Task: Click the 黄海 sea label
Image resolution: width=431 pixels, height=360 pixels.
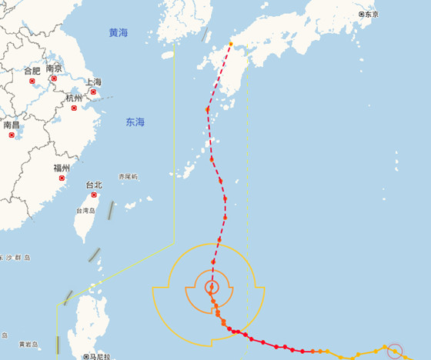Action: coord(119,33)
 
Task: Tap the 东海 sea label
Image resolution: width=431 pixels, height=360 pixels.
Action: coord(135,122)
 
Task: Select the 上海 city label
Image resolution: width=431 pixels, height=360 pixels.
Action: coord(93,82)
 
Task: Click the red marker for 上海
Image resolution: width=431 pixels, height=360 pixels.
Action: coord(93,92)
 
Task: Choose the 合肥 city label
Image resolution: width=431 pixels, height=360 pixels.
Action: coord(32,71)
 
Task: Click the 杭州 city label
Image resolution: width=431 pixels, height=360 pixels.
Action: coord(74,98)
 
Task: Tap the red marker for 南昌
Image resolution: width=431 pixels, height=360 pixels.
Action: coord(12,135)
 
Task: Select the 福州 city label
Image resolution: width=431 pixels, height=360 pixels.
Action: coord(62,168)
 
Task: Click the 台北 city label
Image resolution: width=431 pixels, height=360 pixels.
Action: coord(93,185)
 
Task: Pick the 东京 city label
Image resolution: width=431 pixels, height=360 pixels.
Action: coord(369,15)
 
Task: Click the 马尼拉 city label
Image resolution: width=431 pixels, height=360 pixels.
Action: coord(97,356)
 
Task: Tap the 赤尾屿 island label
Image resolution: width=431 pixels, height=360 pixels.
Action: coord(128,177)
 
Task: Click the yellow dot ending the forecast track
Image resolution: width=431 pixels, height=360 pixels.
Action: coord(230,44)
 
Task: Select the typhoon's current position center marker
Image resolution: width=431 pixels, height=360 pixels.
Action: coord(211,288)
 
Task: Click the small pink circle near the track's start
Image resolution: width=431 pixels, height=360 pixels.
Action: coord(394,352)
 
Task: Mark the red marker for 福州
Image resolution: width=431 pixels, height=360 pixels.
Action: coord(62,178)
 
